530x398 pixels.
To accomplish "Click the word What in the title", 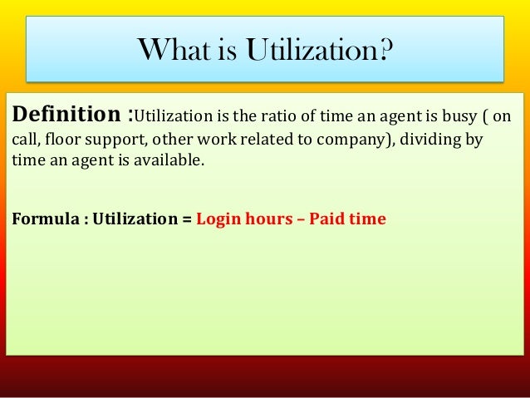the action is pos(174,49).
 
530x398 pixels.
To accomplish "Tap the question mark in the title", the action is pos(385,49).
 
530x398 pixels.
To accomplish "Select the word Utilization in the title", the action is pos(311,49).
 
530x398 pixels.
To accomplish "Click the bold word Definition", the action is pos(66,114).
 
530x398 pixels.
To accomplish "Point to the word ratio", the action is pos(279,116).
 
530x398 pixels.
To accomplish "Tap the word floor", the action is pos(61,139).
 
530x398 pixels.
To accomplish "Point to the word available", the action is pos(169,160).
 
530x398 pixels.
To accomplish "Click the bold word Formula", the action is pos(46,219).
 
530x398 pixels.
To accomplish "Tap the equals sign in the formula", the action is pos(187,219).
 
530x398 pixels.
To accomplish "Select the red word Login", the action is pos(218,220).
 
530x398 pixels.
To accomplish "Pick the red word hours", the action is pos(269,219).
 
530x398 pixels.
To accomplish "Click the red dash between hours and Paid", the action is pos(301,220).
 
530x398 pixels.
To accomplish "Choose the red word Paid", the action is pos(326,219).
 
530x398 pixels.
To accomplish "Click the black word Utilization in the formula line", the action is pos(135,219).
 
